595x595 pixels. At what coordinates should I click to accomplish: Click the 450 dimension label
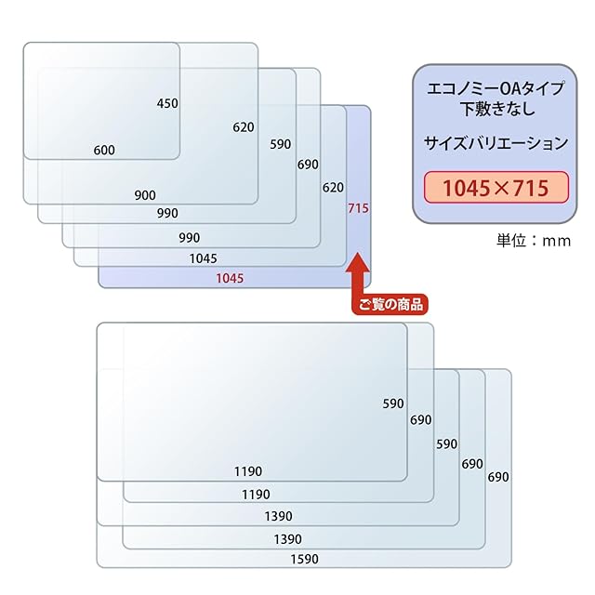pos(167,103)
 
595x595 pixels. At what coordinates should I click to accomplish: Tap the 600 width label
pos(104,150)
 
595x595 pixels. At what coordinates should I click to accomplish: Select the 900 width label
pos(144,195)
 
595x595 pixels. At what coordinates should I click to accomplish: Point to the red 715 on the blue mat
pos(359,209)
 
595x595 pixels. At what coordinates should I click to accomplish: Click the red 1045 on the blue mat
pos(230,278)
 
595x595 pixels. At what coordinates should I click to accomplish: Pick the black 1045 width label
pos(202,258)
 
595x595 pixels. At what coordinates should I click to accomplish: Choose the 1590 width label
pos(303,559)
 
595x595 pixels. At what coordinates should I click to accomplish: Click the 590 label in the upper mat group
pos(281,144)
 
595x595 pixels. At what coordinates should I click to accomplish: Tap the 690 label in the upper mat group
pos(308,165)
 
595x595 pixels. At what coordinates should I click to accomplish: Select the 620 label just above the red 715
pos(333,187)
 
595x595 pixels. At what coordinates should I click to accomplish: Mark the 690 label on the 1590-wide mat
pos(498,477)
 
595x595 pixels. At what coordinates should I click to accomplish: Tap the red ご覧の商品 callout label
pos(389,303)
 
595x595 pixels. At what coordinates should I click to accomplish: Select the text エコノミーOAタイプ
pos(495,90)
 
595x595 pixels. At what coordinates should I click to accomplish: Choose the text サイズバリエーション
pos(495,144)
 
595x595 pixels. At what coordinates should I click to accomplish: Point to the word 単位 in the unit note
pos(511,241)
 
